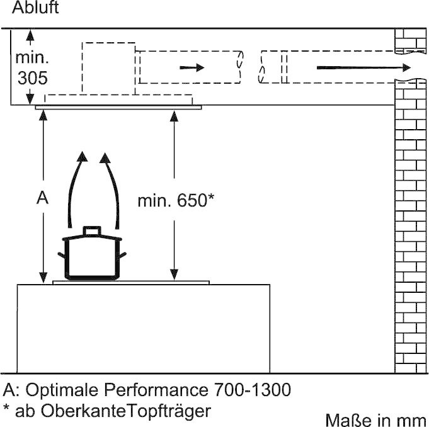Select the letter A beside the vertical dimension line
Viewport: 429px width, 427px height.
tap(42, 198)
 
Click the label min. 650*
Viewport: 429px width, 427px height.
tap(176, 201)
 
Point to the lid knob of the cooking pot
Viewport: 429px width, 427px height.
tap(92, 232)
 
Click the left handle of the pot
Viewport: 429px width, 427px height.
tap(61, 255)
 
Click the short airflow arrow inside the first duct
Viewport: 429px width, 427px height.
tap(193, 67)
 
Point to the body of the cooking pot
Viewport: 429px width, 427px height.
tap(92, 258)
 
